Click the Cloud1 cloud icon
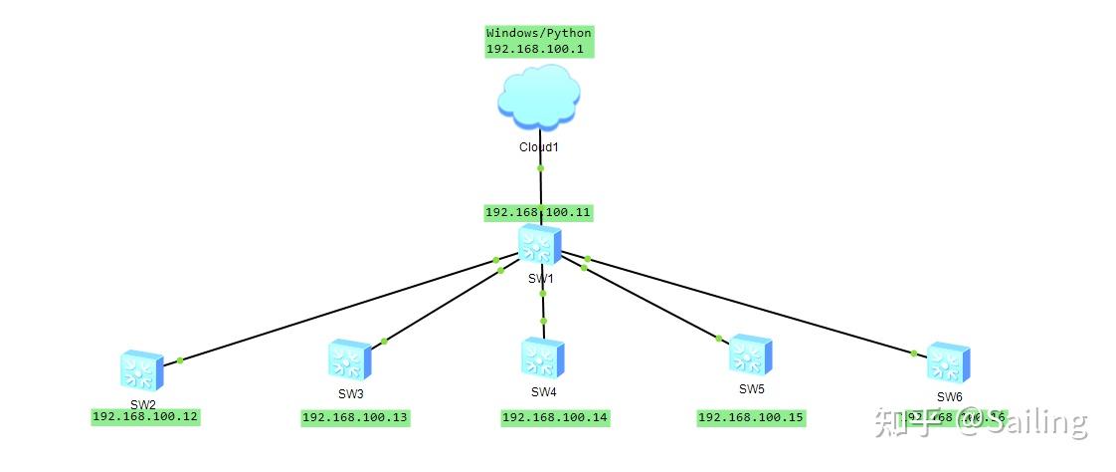(538, 98)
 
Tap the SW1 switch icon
(540, 245)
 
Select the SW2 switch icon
(140, 369)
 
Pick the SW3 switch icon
(350, 359)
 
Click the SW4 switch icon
(542, 357)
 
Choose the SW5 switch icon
(750, 354)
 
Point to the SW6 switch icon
(948, 362)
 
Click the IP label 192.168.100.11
(538, 212)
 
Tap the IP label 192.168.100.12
(145, 417)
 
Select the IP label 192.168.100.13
(355, 418)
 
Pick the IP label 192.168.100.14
(555, 418)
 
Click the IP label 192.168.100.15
(751, 417)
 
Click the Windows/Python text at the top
(538, 33)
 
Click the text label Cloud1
(540, 147)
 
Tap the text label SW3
(350, 393)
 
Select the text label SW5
(751, 388)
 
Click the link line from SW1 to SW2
(338, 310)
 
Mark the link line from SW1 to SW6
(746, 306)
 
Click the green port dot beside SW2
(179, 359)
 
